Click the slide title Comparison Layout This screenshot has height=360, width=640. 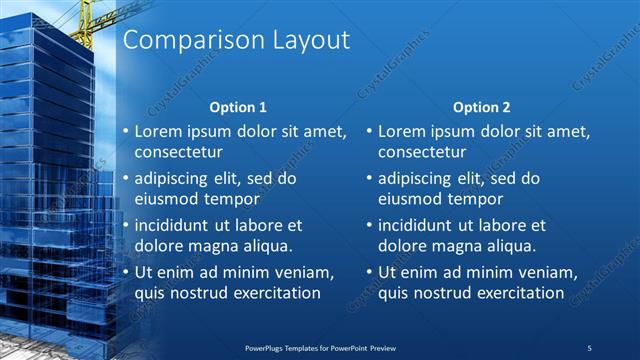coord(235,40)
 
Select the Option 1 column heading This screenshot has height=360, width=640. coord(237,107)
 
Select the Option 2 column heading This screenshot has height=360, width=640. coord(482,107)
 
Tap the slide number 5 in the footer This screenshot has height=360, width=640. coord(590,347)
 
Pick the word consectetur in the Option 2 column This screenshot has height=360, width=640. coord(422,153)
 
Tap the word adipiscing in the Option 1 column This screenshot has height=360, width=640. coord(174,179)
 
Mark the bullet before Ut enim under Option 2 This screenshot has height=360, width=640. coord(369,272)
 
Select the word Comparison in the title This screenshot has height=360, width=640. coord(184,40)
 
